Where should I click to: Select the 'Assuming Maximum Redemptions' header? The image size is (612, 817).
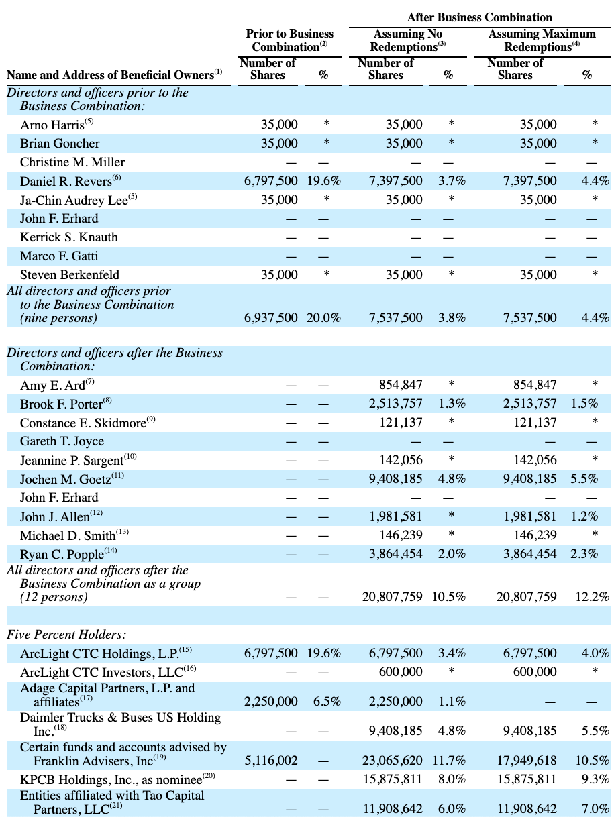coord(542,40)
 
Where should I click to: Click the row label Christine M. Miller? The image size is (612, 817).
coord(72,162)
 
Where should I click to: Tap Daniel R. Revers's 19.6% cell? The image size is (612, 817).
coord(323,181)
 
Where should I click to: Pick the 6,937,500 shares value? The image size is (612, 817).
coord(270,317)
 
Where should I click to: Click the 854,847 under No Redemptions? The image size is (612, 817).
coord(401,384)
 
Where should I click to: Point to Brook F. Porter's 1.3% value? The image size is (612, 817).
coord(452,404)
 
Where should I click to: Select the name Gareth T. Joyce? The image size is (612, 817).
coord(62,441)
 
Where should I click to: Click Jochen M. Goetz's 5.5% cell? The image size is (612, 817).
coord(584,479)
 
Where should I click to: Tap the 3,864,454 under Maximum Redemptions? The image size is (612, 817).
coord(529,554)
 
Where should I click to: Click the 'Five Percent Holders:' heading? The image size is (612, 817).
coord(66,635)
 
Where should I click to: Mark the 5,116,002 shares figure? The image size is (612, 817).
coord(271,760)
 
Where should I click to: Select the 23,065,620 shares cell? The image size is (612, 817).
coord(393,760)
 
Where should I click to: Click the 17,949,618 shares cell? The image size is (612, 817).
coord(527,760)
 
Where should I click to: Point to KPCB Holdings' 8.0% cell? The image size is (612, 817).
coord(452,779)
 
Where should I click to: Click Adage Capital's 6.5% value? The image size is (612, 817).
coord(327,701)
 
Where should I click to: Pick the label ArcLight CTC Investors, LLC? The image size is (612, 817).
coord(108,673)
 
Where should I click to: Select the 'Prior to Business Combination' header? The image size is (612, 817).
coord(290,40)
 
